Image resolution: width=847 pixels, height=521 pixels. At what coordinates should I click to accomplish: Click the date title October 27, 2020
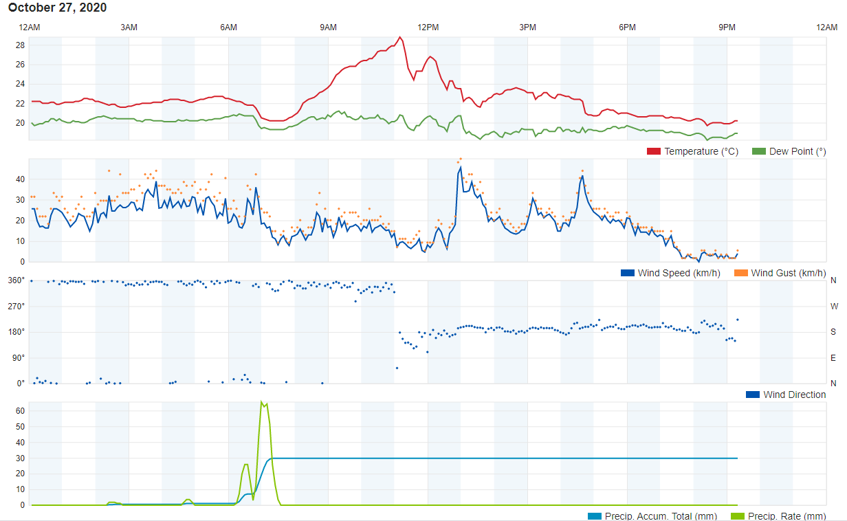(58, 8)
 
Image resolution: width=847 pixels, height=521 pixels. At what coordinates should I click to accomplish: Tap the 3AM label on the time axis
(129, 27)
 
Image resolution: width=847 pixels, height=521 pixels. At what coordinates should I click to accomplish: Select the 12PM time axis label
(428, 27)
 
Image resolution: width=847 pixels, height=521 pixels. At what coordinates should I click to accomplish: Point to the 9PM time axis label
(727, 27)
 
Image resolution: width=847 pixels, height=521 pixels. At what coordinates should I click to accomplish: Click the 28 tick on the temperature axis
(20, 45)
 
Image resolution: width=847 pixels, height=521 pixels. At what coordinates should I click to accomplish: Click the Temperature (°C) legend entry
(693, 151)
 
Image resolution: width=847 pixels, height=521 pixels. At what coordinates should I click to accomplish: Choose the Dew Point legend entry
(789, 151)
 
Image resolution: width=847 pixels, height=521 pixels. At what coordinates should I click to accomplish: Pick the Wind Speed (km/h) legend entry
(671, 273)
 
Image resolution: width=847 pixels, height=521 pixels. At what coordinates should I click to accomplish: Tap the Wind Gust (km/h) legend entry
(780, 273)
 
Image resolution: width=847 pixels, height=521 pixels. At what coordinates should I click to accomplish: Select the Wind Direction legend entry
(786, 395)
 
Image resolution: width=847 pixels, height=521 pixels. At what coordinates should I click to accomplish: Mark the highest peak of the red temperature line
(400, 37)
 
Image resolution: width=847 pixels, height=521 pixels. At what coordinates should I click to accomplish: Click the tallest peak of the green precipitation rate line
(261, 402)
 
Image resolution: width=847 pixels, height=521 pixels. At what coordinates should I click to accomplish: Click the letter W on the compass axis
(833, 306)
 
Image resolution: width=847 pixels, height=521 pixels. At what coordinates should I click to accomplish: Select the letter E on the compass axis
(833, 357)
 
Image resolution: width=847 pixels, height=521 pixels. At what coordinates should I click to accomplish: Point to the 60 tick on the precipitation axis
(20, 411)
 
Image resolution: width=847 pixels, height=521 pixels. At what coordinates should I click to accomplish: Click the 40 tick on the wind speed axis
(20, 179)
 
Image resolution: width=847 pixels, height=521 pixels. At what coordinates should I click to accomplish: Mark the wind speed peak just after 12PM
(460, 167)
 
